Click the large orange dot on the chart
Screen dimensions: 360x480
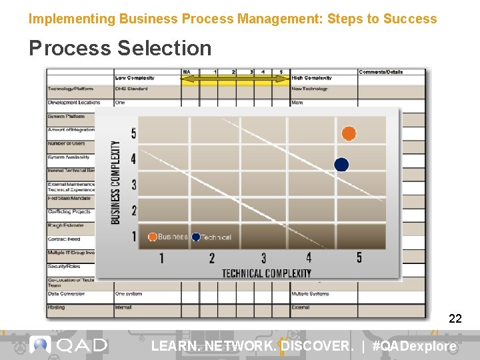point(349,133)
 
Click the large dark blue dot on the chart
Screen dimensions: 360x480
point(341,164)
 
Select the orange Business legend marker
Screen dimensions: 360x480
point(153,237)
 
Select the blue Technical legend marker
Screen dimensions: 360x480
point(196,237)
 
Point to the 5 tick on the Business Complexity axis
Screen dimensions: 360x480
point(133,134)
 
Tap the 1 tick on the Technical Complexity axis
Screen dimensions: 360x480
point(161,258)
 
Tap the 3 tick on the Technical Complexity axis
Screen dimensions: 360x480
point(263,258)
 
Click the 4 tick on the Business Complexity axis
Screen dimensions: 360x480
point(133,159)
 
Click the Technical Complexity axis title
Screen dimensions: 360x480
point(266,273)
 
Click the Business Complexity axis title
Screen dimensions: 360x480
point(116,182)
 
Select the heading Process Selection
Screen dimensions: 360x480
point(120,48)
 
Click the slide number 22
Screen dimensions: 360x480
point(455,319)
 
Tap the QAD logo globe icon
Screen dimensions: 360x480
point(41,345)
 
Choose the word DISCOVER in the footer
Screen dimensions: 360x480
point(316,346)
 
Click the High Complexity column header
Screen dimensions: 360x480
point(312,79)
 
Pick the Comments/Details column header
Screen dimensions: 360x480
point(381,71)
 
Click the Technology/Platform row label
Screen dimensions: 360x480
point(71,89)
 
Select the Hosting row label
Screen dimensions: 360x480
point(56,307)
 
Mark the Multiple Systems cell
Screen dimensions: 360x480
point(311,294)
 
